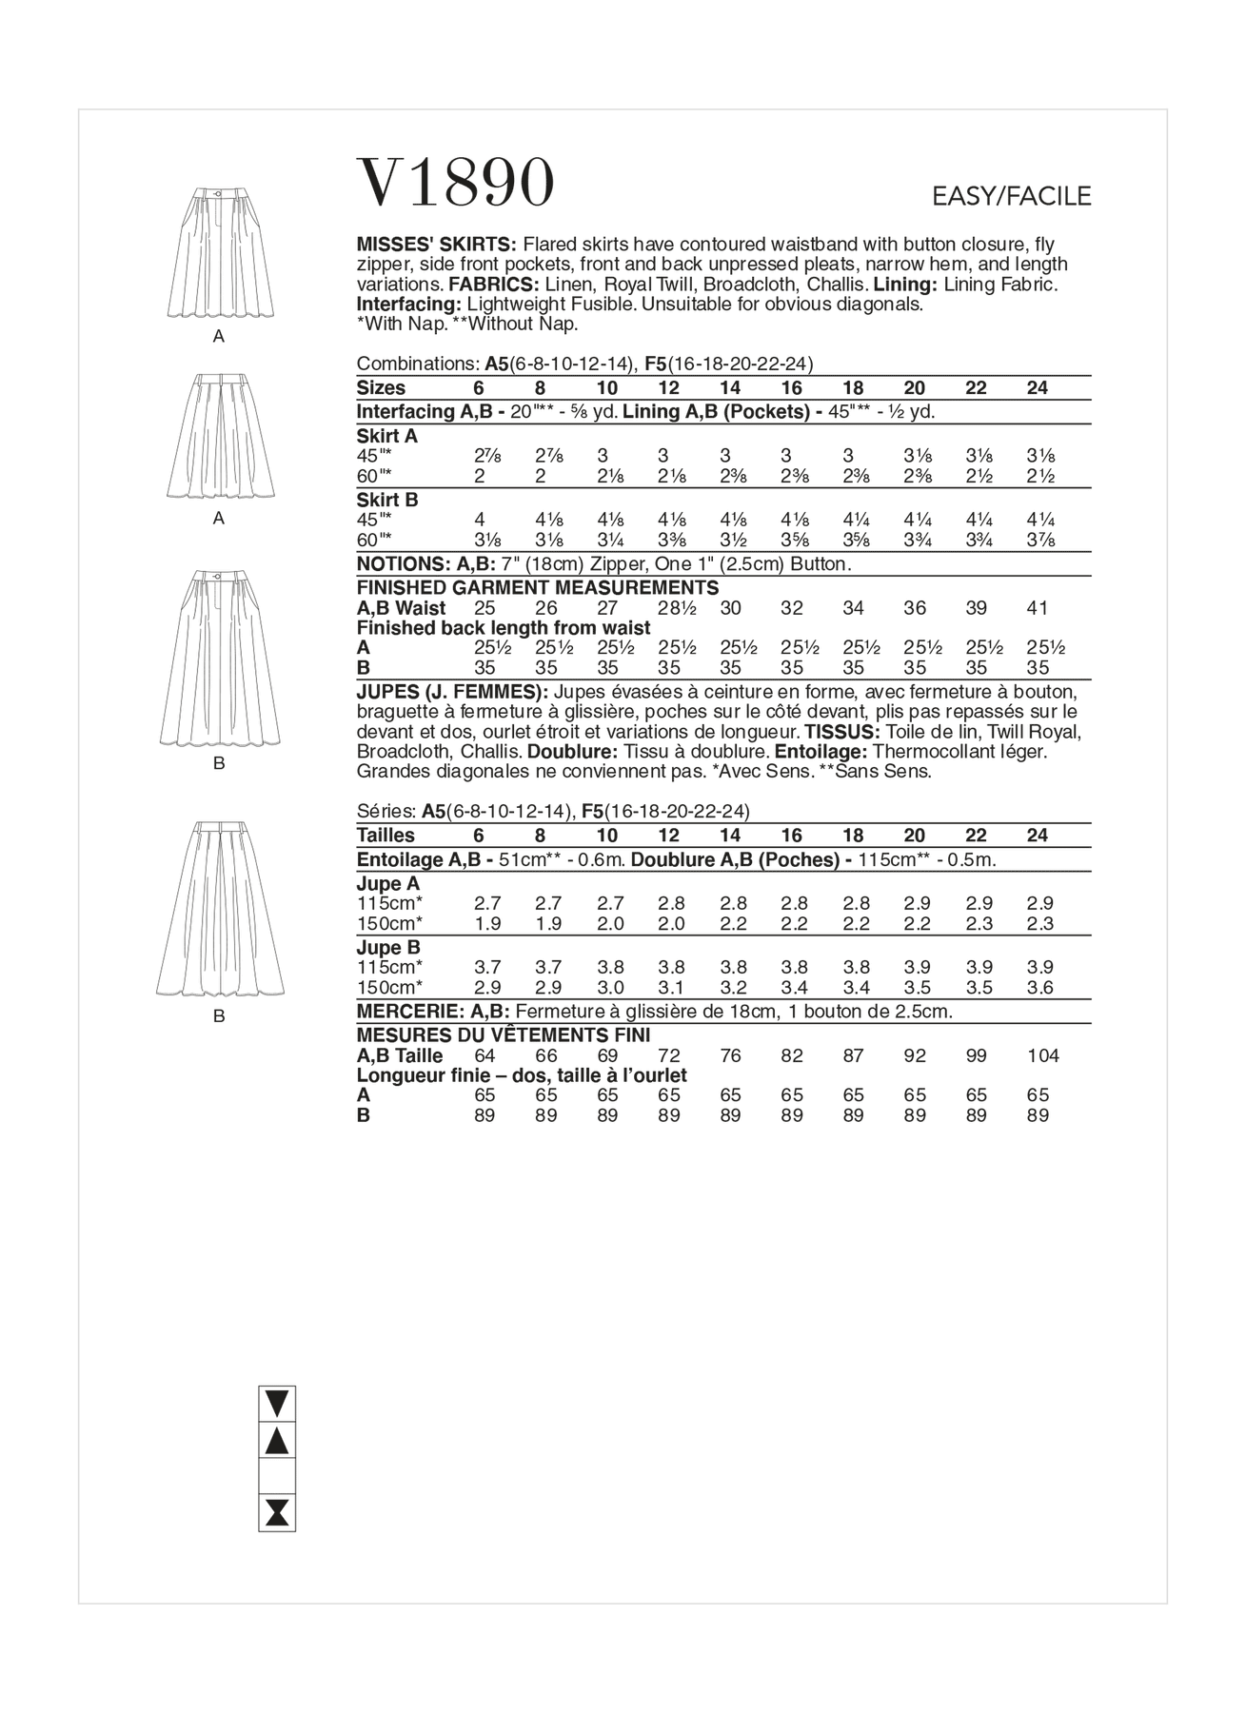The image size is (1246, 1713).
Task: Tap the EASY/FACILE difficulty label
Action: click(1011, 197)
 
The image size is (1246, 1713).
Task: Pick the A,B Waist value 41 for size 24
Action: click(1038, 608)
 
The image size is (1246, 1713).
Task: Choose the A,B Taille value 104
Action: click(1042, 1055)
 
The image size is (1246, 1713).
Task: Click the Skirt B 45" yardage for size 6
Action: click(480, 520)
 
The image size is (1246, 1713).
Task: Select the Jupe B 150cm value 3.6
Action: click(1040, 988)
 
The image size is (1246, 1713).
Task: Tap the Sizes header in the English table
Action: click(381, 388)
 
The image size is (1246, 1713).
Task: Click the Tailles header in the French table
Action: click(386, 836)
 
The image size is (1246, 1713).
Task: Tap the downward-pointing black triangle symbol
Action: click(277, 1404)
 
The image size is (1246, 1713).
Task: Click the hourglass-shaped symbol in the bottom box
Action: click(277, 1513)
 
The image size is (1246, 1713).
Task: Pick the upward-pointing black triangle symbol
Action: click(277, 1441)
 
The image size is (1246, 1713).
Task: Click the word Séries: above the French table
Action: click(386, 812)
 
